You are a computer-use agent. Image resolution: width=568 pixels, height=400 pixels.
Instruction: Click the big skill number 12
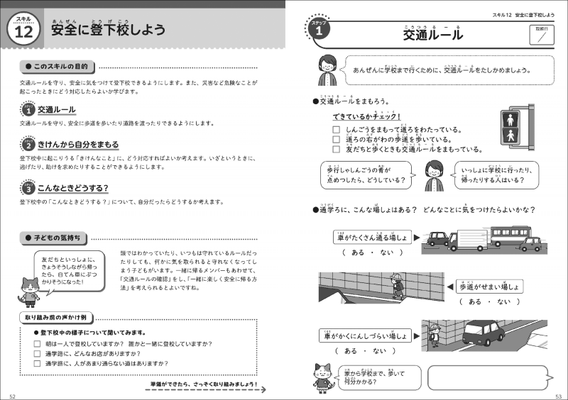[x=24, y=33]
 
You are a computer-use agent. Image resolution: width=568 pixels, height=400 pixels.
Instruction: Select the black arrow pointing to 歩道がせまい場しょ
[x=450, y=286]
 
